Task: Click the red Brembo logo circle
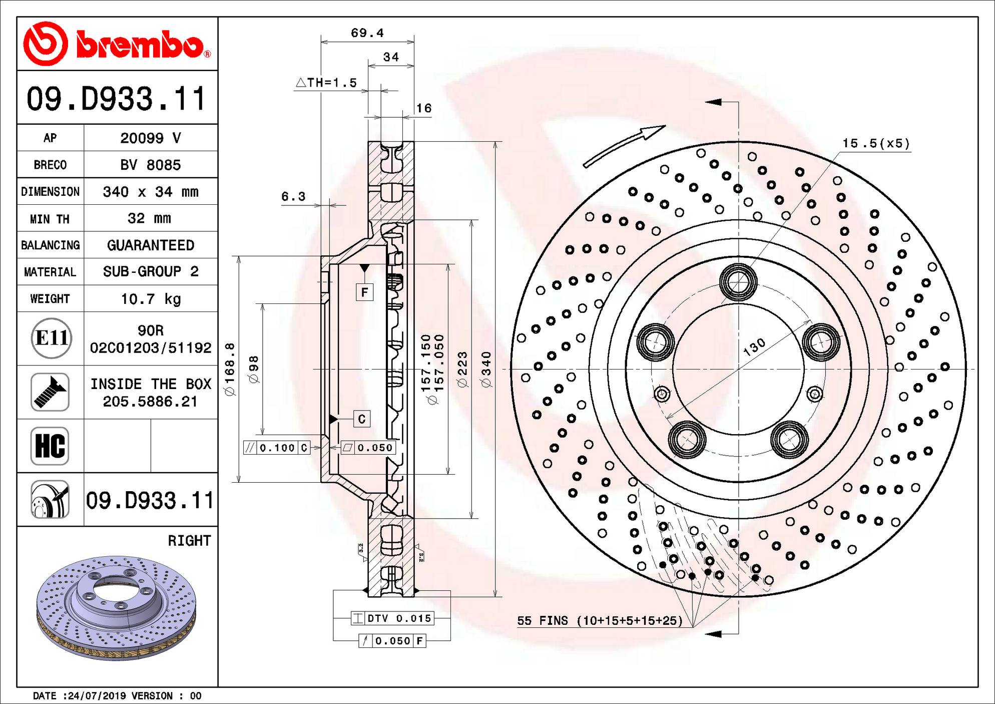(45, 44)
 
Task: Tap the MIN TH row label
(50, 219)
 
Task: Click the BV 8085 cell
(150, 165)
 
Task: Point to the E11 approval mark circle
(52, 338)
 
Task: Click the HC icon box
(50, 446)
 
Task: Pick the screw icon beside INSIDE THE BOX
(50, 392)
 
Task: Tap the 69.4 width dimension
(367, 33)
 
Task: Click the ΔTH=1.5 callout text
(326, 83)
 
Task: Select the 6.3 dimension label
(293, 196)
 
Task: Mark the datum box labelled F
(364, 292)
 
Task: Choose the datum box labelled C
(362, 419)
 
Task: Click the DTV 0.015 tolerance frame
(392, 618)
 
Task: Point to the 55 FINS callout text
(600, 621)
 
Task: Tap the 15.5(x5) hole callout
(876, 143)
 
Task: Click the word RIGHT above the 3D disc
(189, 541)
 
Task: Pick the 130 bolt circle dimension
(754, 346)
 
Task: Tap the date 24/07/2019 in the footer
(95, 695)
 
